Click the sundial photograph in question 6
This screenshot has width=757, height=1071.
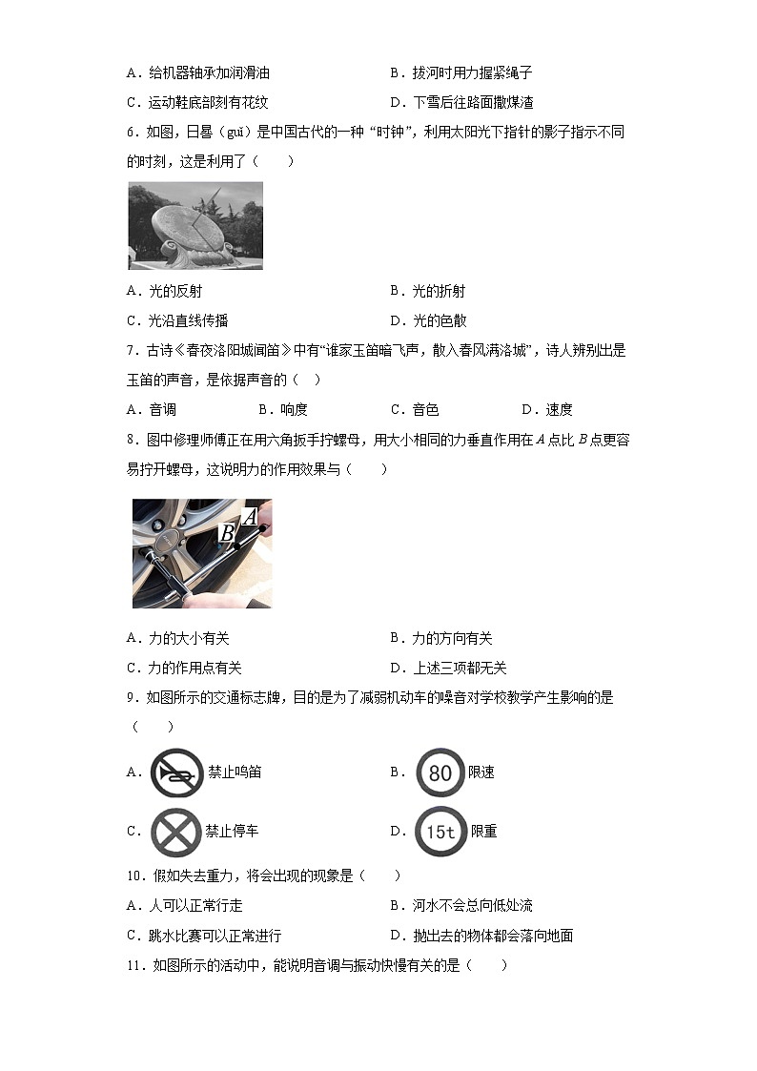click(194, 225)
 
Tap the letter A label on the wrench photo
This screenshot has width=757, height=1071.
click(250, 517)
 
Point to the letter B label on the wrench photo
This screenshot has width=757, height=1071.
click(228, 533)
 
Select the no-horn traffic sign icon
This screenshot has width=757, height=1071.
click(176, 772)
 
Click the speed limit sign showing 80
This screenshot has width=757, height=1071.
click(440, 772)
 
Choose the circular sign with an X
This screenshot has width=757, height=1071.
click(175, 832)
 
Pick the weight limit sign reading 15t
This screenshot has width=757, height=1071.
click(440, 832)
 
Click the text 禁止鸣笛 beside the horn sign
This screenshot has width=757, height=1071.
click(235, 772)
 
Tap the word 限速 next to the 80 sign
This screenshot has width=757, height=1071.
click(481, 772)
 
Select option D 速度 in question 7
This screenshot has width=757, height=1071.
click(547, 409)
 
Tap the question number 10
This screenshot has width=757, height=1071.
click(134, 875)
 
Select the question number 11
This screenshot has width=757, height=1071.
click(134, 965)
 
